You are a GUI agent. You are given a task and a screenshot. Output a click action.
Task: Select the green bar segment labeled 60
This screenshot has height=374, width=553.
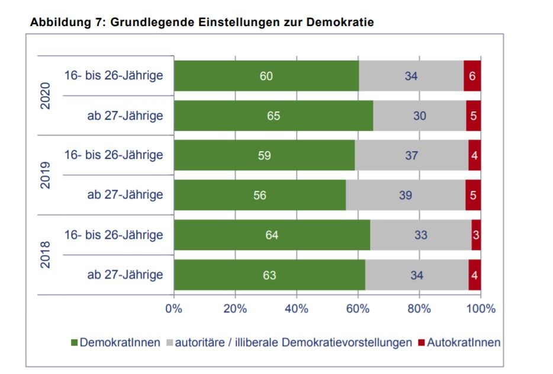266,76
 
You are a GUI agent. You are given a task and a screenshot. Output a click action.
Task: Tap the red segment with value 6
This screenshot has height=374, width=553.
472,76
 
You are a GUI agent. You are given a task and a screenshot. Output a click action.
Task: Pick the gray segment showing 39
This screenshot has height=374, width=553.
406,195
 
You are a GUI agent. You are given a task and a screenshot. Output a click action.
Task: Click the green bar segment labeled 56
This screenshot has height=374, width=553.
259,195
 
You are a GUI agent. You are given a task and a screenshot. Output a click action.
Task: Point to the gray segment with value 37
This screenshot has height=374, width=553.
411,155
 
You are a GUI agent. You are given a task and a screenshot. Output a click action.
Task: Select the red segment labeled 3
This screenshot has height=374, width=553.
476,235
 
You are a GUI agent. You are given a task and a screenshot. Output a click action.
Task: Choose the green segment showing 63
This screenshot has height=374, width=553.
269,275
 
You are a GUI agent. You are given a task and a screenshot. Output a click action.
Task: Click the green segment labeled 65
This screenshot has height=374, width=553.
273,116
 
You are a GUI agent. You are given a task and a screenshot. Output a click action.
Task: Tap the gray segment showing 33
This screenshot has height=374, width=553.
420,235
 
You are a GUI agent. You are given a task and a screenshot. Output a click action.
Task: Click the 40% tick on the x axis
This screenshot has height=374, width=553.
296,309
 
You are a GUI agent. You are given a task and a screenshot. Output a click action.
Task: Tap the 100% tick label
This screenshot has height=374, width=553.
480,309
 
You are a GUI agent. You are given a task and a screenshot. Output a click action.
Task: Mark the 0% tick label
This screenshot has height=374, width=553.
173,309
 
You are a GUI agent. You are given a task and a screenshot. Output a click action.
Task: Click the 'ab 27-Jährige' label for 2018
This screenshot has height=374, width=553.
125,275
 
